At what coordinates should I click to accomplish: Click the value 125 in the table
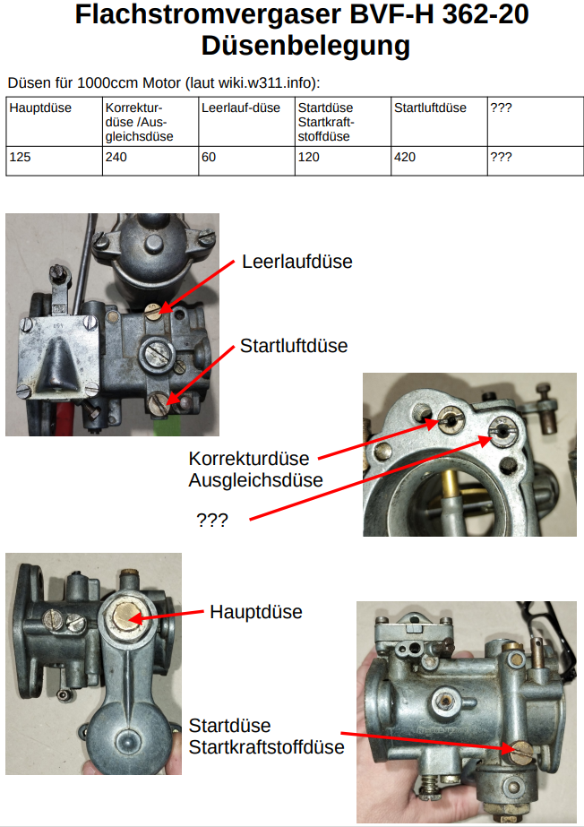[20, 157]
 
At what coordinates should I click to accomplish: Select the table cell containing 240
[150, 161]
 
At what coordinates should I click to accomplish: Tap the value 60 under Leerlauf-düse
[209, 157]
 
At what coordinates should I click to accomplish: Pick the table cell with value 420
[439, 161]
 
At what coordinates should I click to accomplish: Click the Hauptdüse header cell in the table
[55, 121]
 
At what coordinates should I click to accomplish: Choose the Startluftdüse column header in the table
[439, 121]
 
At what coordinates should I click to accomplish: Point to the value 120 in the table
[309, 157]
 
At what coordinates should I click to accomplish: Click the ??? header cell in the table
[536, 121]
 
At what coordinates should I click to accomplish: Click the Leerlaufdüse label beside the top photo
[297, 262]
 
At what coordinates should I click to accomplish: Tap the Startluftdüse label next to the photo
[294, 346]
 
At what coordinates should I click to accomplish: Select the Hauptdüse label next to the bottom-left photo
[256, 612]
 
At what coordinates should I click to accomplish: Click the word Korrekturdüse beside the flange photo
[249, 459]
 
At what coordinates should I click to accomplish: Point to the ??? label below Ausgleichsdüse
[212, 521]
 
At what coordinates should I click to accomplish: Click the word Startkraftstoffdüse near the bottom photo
[267, 747]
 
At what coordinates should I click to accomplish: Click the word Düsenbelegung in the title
[305, 46]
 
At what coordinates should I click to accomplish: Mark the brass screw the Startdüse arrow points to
[521, 752]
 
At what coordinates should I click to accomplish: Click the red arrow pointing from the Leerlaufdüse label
[196, 287]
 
